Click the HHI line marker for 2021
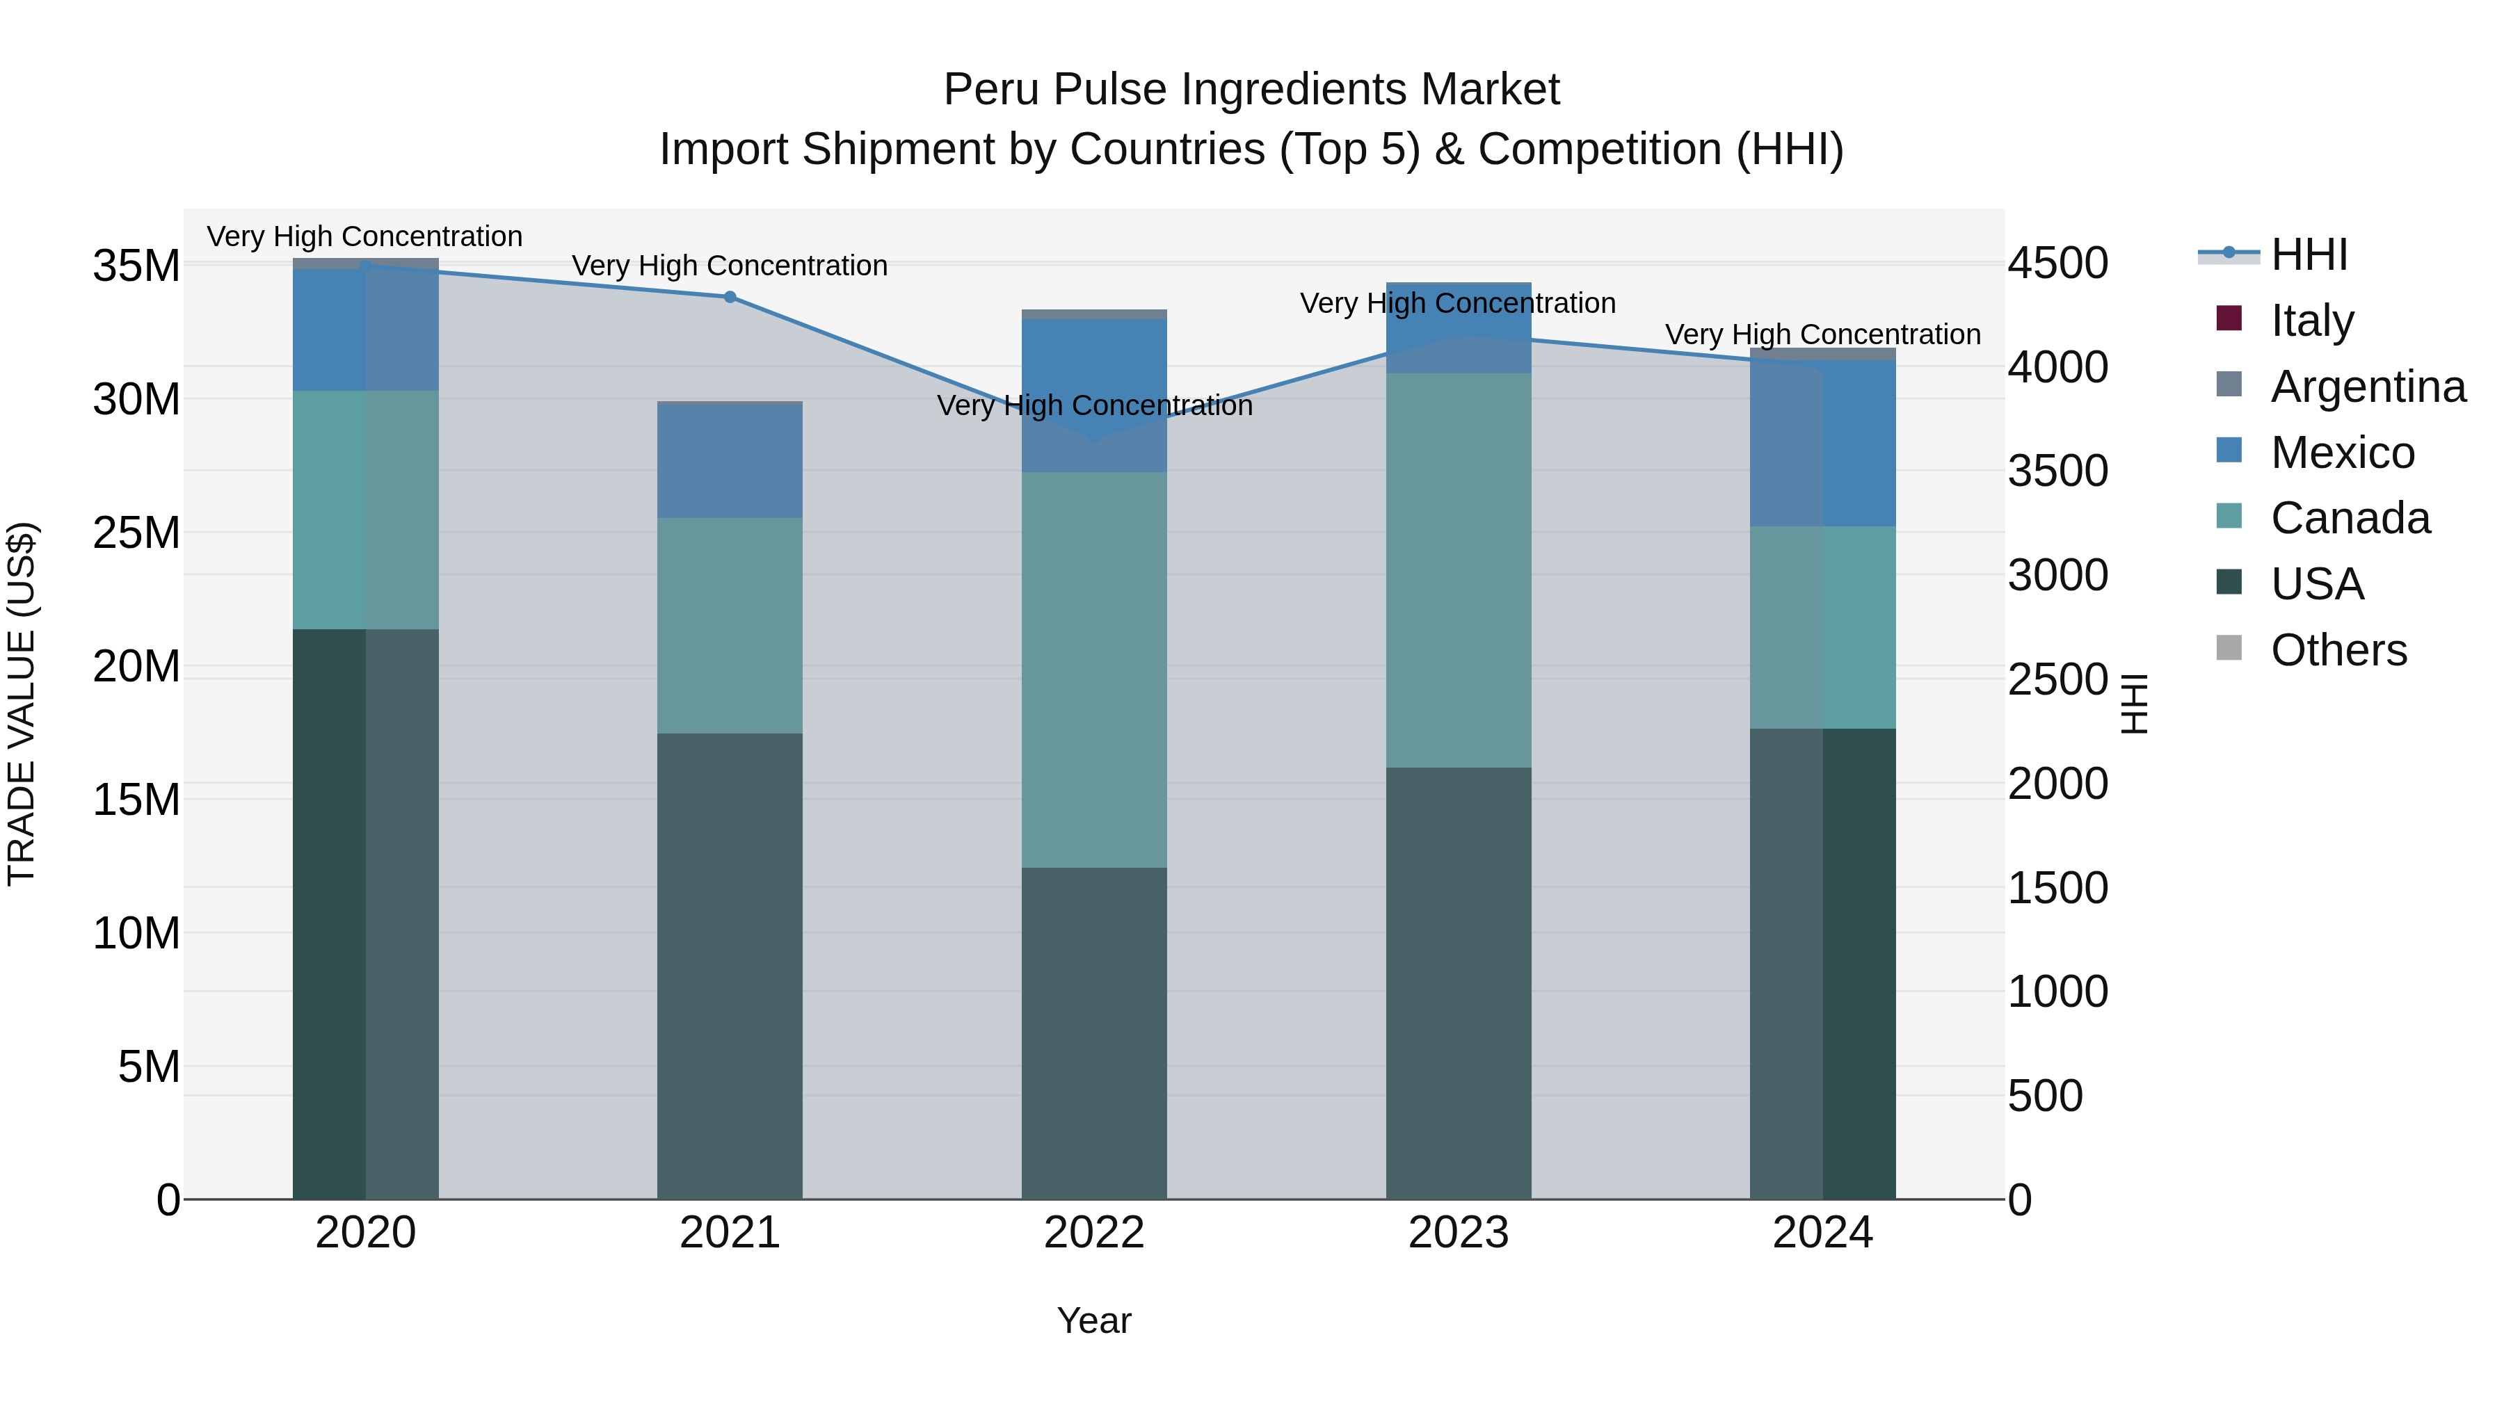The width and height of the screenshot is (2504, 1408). (x=730, y=296)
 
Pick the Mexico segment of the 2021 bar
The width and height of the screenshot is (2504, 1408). (x=730, y=460)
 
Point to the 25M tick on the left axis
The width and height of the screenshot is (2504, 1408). (x=136, y=533)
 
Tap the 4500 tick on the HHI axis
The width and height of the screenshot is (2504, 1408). (x=2058, y=264)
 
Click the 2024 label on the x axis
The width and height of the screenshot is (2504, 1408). (x=1822, y=1232)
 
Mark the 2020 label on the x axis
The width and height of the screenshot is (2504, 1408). (x=365, y=1232)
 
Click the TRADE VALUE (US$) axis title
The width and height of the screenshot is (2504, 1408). (x=22, y=704)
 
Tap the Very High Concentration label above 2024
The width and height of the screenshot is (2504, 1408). (x=1822, y=334)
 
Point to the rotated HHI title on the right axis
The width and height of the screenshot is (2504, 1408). (x=2134, y=704)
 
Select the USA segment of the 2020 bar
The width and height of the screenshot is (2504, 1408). (x=365, y=914)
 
